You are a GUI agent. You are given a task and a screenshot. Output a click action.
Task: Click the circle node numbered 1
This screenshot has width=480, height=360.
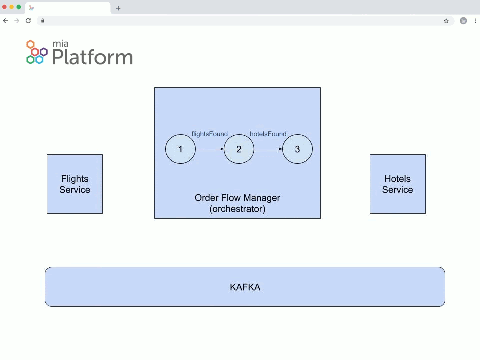pyautogui.click(x=180, y=149)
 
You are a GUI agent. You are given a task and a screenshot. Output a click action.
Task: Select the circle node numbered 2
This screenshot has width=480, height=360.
pyautogui.click(x=239, y=149)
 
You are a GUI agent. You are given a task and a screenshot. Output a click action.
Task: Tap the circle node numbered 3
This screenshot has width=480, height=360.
pyautogui.click(x=297, y=149)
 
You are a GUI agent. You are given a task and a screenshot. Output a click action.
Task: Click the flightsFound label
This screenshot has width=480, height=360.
pyautogui.click(x=209, y=134)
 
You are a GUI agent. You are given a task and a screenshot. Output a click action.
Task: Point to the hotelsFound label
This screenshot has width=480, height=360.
pyautogui.click(x=268, y=134)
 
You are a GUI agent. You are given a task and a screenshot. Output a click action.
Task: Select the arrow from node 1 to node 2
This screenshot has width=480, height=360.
pyautogui.click(x=210, y=149)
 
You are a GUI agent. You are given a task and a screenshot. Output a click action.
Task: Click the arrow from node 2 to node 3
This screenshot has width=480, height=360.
pyautogui.click(x=268, y=149)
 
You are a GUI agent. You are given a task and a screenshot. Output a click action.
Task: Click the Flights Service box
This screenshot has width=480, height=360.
pyautogui.click(x=75, y=184)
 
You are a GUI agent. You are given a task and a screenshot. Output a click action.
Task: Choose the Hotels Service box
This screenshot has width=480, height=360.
pyautogui.click(x=397, y=184)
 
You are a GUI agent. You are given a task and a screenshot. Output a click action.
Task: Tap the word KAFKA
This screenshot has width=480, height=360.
pyautogui.click(x=245, y=287)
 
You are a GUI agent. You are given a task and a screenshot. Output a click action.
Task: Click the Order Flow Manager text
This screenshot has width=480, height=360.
pyautogui.click(x=237, y=198)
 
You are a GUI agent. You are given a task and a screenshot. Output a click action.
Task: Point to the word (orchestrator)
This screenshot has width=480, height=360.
pyautogui.click(x=237, y=209)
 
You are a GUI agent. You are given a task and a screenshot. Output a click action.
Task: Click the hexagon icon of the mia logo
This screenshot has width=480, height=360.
pyautogui.click(x=37, y=52)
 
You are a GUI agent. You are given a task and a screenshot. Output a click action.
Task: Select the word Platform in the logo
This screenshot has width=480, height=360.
pyautogui.click(x=92, y=57)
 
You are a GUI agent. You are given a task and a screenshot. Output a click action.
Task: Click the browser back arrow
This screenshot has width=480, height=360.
pyautogui.click(x=5, y=21)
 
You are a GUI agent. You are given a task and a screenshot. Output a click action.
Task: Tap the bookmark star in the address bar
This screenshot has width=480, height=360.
pyautogui.click(x=446, y=21)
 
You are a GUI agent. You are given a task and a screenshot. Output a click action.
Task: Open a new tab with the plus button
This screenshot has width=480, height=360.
pyautogui.click(x=118, y=8)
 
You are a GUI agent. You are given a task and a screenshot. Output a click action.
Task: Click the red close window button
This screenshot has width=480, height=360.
pyautogui.click(x=5, y=7)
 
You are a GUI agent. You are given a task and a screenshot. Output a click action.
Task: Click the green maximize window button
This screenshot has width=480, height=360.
pyautogui.click(x=19, y=7)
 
